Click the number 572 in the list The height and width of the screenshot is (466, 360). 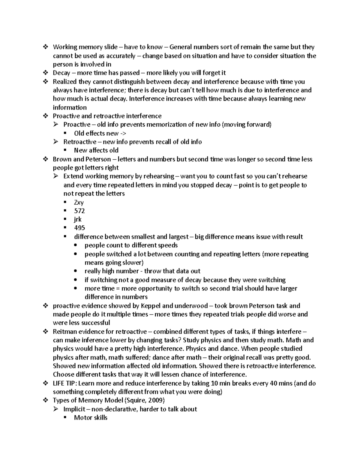coord(79,211)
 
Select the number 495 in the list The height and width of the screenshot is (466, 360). coord(79,228)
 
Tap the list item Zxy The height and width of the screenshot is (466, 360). coord(79,203)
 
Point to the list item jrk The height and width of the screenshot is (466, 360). coord(78,219)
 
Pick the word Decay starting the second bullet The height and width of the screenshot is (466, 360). coord(61,73)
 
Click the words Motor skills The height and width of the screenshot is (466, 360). coord(91,418)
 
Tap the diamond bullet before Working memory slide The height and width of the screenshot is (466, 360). coord(46,47)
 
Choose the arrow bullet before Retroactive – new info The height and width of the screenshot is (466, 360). coord(56,142)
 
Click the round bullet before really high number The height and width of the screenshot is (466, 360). coord(76,271)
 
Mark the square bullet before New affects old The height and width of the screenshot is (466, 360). coord(66,150)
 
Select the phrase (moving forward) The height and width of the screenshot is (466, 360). coord(246,125)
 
